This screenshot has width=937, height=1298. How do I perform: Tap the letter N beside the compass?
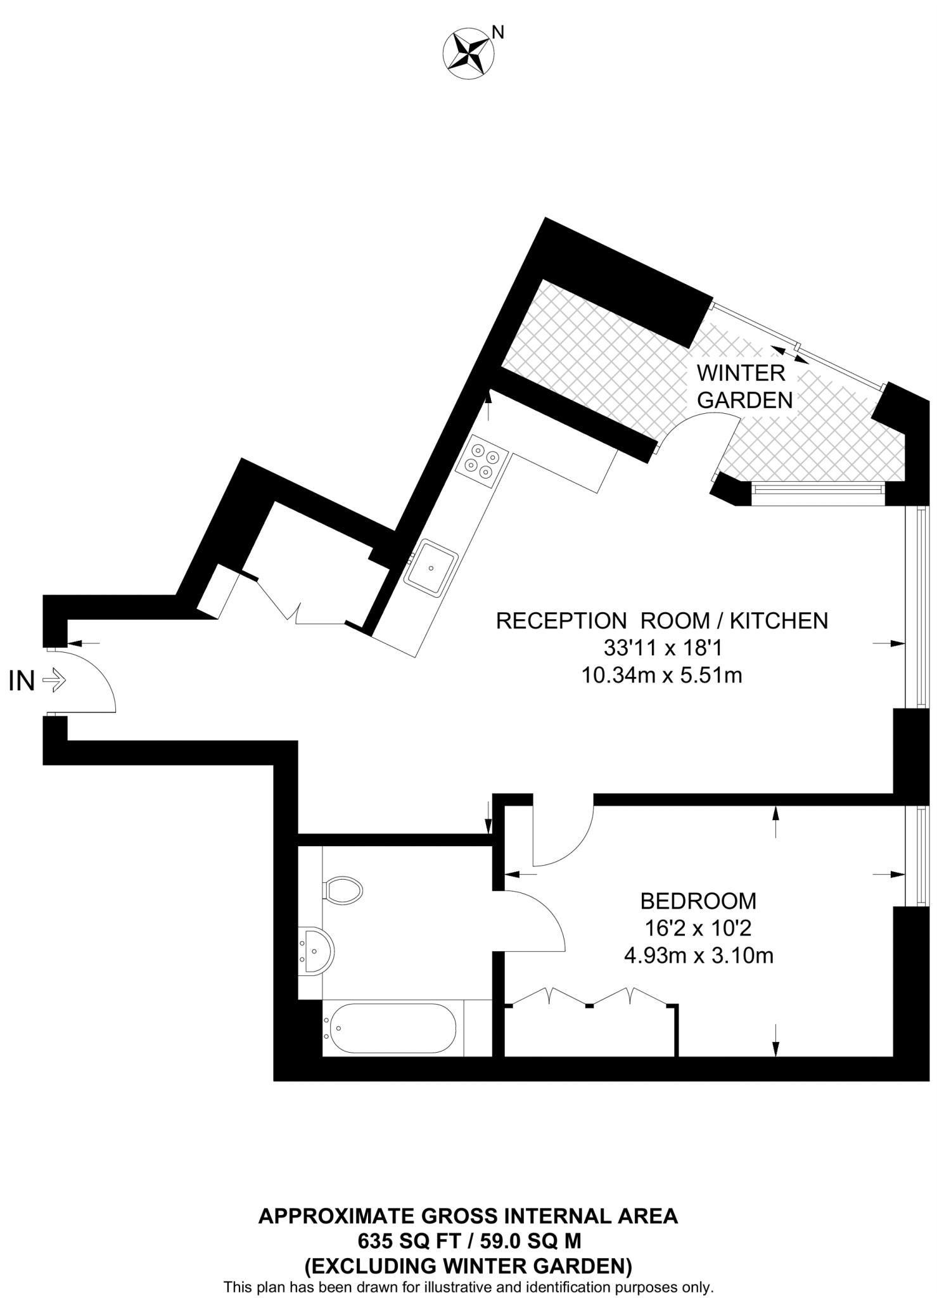pos(499,32)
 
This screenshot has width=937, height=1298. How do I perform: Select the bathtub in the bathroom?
pos(390,1028)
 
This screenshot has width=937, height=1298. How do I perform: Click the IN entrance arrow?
pos(54,681)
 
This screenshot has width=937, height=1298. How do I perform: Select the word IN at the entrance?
pos(22,682)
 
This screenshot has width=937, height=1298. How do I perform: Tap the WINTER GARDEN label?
pos(744,387)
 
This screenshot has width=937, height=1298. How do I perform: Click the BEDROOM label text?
pos(698,901)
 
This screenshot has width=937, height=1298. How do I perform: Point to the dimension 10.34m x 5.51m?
pos(661,676)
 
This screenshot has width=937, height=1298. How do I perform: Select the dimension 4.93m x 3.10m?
pos(698,955)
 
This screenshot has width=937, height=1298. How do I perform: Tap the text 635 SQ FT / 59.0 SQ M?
pos(469,1238)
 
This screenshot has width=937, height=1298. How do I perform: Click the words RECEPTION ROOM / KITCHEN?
pos(662,620)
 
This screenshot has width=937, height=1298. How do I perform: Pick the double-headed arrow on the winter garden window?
pos(791,355)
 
